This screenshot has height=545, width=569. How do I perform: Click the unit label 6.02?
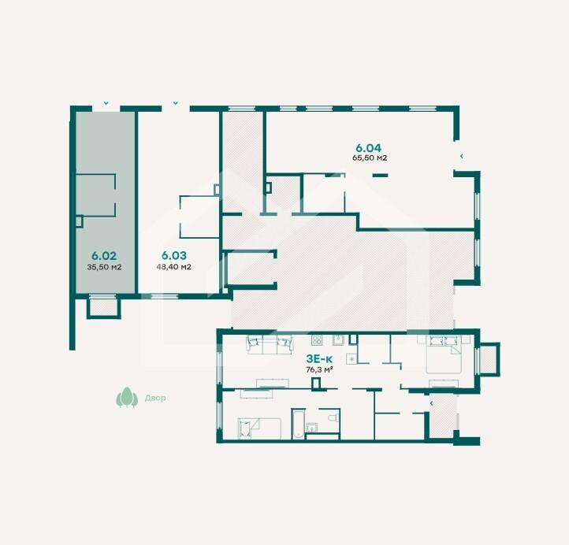[104, 256]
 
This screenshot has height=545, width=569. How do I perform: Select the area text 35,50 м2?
[104, 267]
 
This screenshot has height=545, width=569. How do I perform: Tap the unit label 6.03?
[174, 255]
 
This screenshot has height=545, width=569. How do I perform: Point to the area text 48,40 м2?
[174, 267]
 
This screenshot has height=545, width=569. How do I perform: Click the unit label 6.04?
[368, 148]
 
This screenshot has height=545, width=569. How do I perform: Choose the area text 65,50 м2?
[370, 158]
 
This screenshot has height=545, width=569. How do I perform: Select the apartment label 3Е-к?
[319, 359]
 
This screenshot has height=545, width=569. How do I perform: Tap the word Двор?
[155, 398]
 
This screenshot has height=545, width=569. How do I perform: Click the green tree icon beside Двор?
[127, 397]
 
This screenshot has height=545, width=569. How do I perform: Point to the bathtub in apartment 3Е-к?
[298, 424]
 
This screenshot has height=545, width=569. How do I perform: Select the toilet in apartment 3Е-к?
[334, 417]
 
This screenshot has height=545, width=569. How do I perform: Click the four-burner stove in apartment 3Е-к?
[317, 340]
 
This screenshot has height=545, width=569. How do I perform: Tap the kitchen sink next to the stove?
[339, 340]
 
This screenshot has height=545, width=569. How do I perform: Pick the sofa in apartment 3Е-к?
[270, 344]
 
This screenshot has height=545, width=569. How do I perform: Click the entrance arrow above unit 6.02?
[106, 103]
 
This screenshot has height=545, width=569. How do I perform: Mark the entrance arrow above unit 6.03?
[175, 103]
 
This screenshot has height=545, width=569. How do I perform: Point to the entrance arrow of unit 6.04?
[462, 156]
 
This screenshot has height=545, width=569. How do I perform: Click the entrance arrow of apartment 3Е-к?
[432, 403]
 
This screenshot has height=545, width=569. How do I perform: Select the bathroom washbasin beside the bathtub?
[311, 428]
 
